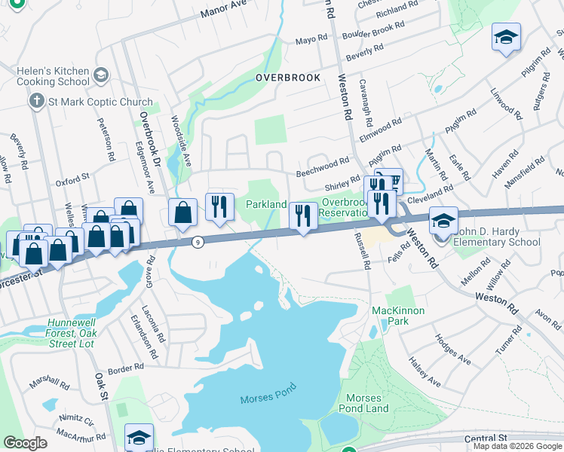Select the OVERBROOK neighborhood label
click(287, 78)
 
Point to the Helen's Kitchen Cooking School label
click(54, 75)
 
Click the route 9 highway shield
click(198, 242)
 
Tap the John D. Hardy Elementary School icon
click(443, 220)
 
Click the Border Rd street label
click(125, 368)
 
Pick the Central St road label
click(486, 438)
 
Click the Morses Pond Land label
click(367, 403)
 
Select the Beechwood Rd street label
click(322, 161)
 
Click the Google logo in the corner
click(25, 443)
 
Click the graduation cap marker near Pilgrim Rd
click(506, 37)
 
